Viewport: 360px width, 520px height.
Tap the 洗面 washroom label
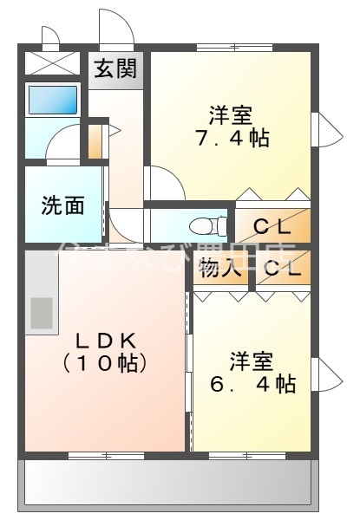coord(63,205)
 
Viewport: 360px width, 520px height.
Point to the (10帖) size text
coord(102,364)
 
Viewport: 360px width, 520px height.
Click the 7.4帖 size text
coord(230,137)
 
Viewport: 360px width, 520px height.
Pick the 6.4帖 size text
coord(252,383)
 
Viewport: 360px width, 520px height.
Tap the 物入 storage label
coord(219,269)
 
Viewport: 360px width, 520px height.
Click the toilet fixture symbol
coord(208,226)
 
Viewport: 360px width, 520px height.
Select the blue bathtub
coord(54,101)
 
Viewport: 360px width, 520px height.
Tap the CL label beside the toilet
coord(272,228)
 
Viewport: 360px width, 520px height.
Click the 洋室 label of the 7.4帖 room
coord(230,113)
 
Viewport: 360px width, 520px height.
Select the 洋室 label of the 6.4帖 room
coord(252,358)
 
